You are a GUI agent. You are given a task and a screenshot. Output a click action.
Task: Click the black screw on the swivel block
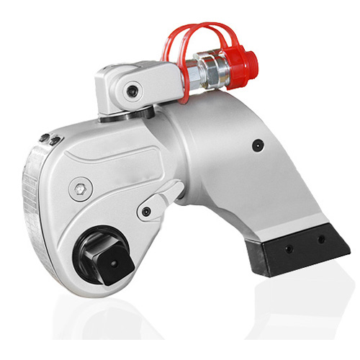coord(132,91)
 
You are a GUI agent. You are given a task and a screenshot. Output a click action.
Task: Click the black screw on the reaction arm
coord(257,145)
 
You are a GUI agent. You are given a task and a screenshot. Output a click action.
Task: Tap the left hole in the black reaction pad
coord(287,248)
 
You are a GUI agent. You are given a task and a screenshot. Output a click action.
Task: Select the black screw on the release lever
coord(146,212)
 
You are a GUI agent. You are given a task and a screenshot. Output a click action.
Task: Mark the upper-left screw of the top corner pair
coord(43,136)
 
